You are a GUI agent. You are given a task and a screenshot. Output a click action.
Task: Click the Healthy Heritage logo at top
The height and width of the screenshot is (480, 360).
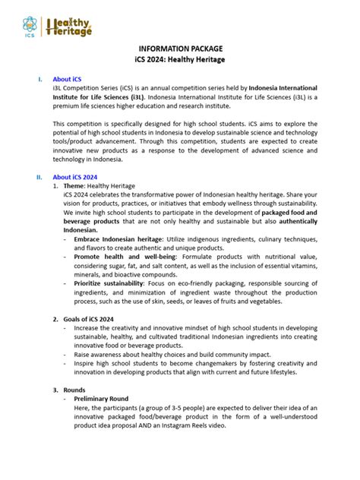(x=69, y=27)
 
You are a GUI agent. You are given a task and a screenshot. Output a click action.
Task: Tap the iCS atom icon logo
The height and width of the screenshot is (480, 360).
(x=30, y=25)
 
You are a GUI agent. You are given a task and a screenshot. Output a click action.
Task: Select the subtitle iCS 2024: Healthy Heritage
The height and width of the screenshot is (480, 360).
(x=180, y=59)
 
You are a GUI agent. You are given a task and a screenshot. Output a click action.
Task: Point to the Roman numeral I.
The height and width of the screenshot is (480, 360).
(x=39, y=78)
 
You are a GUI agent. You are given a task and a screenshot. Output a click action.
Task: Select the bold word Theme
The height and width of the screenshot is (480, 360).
(x=74, y=186)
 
